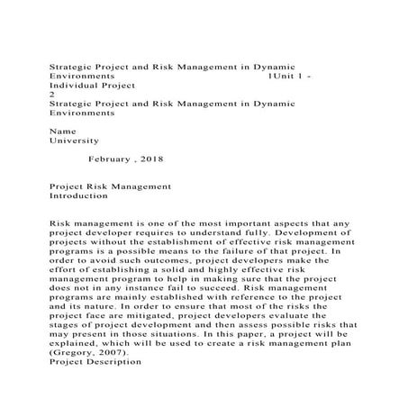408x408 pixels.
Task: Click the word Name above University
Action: click(59, 131)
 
